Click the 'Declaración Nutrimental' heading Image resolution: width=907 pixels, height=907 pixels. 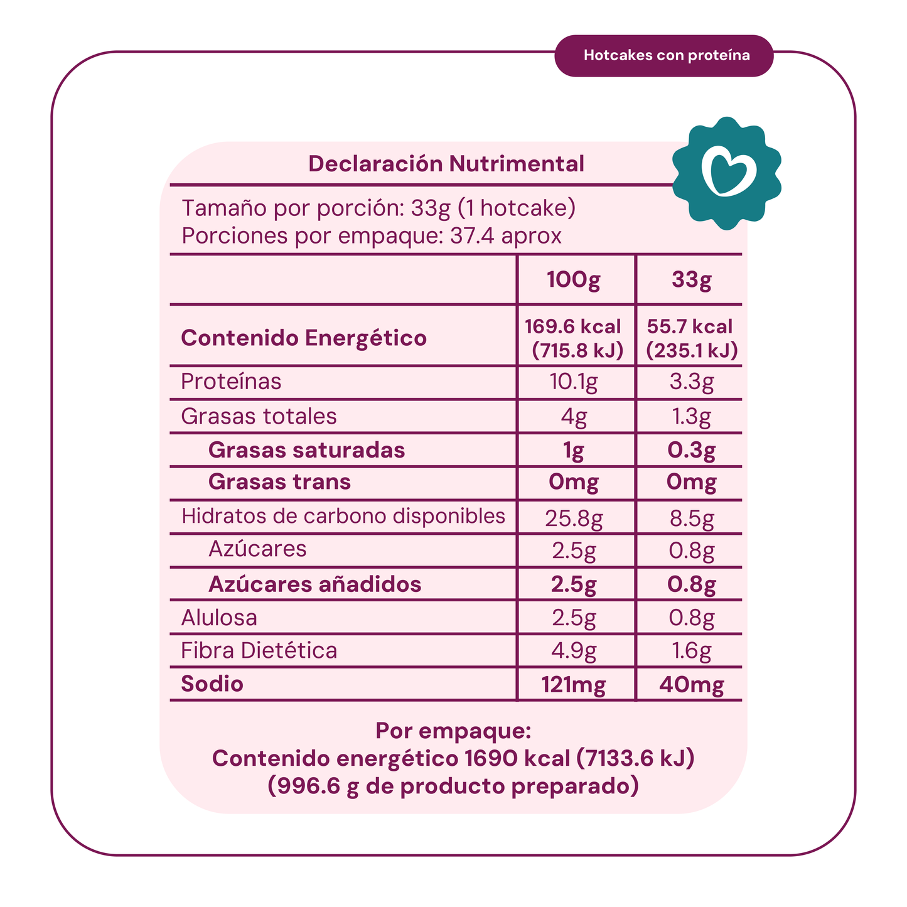[x=446, y=164]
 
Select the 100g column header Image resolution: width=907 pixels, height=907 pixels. [x=573, y=280]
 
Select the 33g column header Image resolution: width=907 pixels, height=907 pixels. [x=690, y=280]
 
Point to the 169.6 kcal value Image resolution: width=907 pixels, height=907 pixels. [x=572, y=326]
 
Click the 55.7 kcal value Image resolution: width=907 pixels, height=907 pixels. [x=690, y=326]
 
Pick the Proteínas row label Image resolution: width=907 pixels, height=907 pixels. [x=231, y=382]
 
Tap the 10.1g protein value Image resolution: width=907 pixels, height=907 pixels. [x=574, y=382]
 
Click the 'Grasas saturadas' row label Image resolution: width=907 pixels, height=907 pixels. [x=306, y=450]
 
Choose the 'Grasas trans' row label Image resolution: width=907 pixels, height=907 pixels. [x=279, y=482]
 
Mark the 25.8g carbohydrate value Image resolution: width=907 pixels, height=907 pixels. [x=574, y=518]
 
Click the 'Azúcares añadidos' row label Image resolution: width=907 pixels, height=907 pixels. [x=314, y=584]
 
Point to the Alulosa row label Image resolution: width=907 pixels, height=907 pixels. [x=219, y=618]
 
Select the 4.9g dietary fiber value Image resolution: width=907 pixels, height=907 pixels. [x=574, y=651]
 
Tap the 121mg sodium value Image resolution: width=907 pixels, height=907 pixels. [x=574, y=684]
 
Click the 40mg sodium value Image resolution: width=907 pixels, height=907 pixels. [x=691, y=684]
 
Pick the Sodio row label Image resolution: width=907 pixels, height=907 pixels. [x=212, y=684]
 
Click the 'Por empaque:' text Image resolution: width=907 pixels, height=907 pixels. [x=453, y=731]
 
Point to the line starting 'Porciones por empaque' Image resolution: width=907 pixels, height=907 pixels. [x=371, y=236]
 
